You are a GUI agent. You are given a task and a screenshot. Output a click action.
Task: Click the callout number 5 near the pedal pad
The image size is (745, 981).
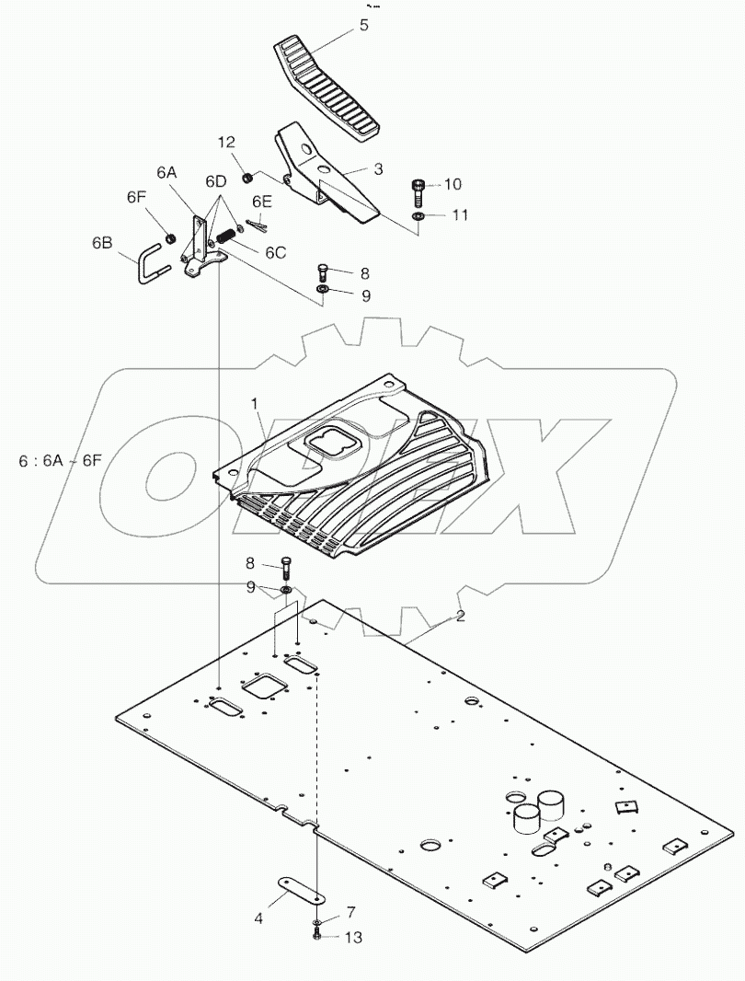[x=364, y=26]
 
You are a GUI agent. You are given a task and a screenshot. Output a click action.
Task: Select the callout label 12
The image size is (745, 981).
[x=226, y=142]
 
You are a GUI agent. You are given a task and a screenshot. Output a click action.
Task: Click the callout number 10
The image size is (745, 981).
[x=452, y=184]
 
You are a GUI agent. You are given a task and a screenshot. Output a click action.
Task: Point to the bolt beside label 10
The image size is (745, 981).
[x=418, y=190]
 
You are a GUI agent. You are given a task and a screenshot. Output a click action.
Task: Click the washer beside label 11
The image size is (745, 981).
[x=418, y=215]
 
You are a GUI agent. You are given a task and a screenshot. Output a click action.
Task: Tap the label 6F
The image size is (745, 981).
[x=136, y=197]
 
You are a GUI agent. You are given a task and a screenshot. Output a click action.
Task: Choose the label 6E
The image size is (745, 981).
[x=262, y=202]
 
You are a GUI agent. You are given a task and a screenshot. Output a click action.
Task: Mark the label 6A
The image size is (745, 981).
[x=166, y=172]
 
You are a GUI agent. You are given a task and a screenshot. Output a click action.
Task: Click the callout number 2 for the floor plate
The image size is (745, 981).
[x=460, y=616]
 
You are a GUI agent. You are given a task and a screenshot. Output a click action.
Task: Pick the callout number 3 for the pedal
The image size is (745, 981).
[x=377, y=168]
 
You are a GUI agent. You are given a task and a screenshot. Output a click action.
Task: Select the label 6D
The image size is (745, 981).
[x=216, y=180]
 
